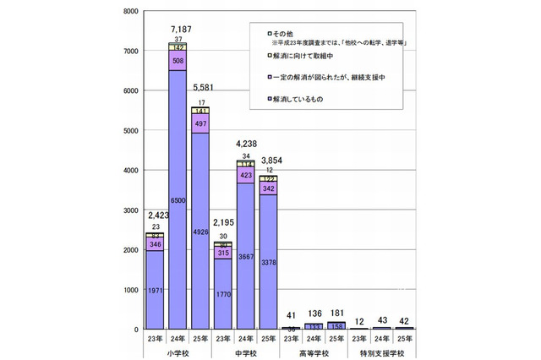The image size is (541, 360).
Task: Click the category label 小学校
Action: pos(178,350)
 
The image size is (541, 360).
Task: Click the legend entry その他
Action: pos(280,31)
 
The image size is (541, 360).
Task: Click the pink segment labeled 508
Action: pos(178,61)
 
